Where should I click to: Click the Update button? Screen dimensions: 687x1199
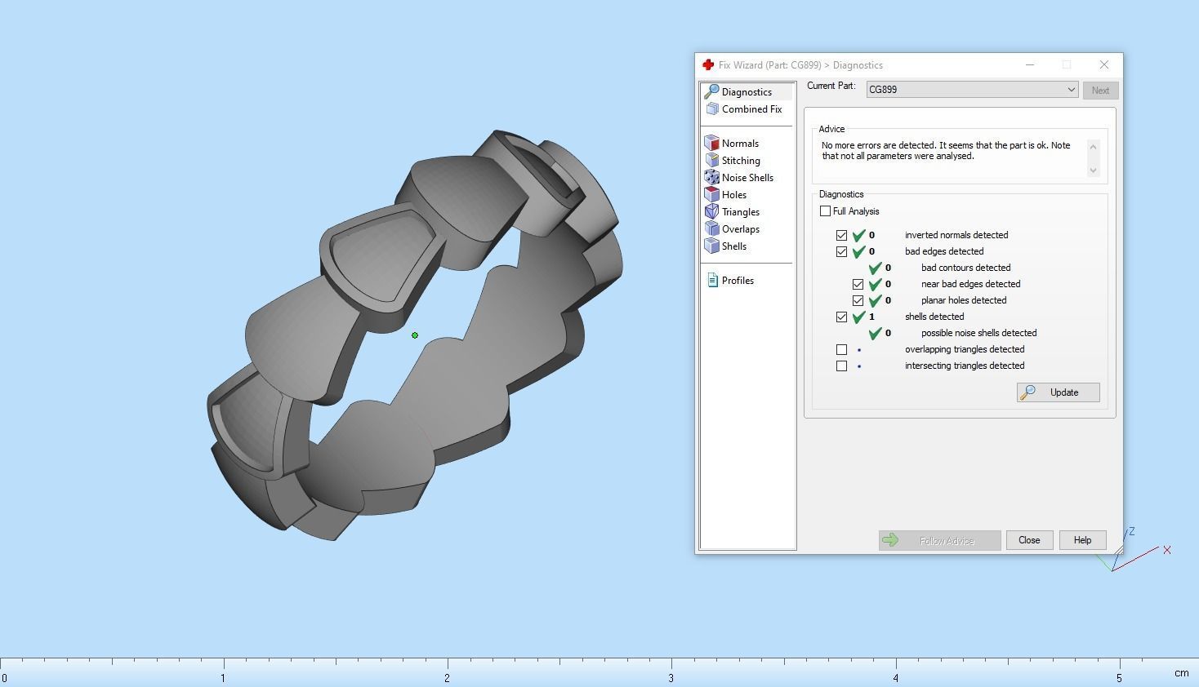[x=1058, y=392]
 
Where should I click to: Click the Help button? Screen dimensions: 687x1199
[x=1082, y=540]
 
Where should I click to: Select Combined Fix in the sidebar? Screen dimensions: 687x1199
[x=751, y=109]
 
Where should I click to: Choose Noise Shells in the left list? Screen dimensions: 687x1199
[x=747, y=178]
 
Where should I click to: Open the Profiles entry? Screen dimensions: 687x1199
[x=737, y=281]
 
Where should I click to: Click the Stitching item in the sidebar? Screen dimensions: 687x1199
[x=740, y=161]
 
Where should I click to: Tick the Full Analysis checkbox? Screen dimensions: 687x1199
[x=825, y=211]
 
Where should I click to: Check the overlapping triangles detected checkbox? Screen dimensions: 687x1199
[x=841, y=349]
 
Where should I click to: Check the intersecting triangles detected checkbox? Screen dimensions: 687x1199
[x=841, y=366]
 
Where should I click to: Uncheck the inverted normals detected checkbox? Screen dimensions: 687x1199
[x=841, y=235]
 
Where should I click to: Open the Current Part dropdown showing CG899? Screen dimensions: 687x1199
[x=972, y=90]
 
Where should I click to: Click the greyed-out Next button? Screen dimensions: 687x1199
[x=1100, y=91]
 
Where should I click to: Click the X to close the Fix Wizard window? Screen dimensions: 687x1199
[x=1104, y=64]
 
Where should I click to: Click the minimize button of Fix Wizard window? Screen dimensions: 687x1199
[x=1030, y=64]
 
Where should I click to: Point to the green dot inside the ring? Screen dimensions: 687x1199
[x=415, y=335]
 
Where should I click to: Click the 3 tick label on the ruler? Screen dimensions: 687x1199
[x=671, y=678]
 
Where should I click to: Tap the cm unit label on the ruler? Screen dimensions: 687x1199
[x=1181, y=673]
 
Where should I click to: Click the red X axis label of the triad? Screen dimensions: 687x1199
[x=1167, y=550]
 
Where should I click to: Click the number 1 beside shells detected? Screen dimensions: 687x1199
[x=871, y=317]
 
